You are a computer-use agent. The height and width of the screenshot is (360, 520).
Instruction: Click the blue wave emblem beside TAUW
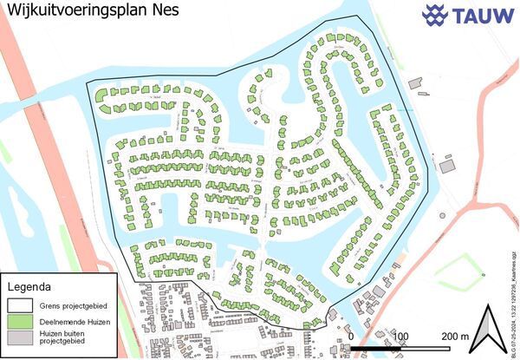[435, 15]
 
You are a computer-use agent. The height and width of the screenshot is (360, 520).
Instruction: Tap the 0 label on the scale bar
[350, 336]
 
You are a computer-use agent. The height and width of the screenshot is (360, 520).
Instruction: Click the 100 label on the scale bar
[400, 336]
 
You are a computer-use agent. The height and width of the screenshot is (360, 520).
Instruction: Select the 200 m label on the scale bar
[453, 336]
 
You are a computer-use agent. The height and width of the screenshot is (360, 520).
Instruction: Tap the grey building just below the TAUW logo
[447, 165]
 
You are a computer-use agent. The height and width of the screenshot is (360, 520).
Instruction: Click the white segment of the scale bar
[426, 349]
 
